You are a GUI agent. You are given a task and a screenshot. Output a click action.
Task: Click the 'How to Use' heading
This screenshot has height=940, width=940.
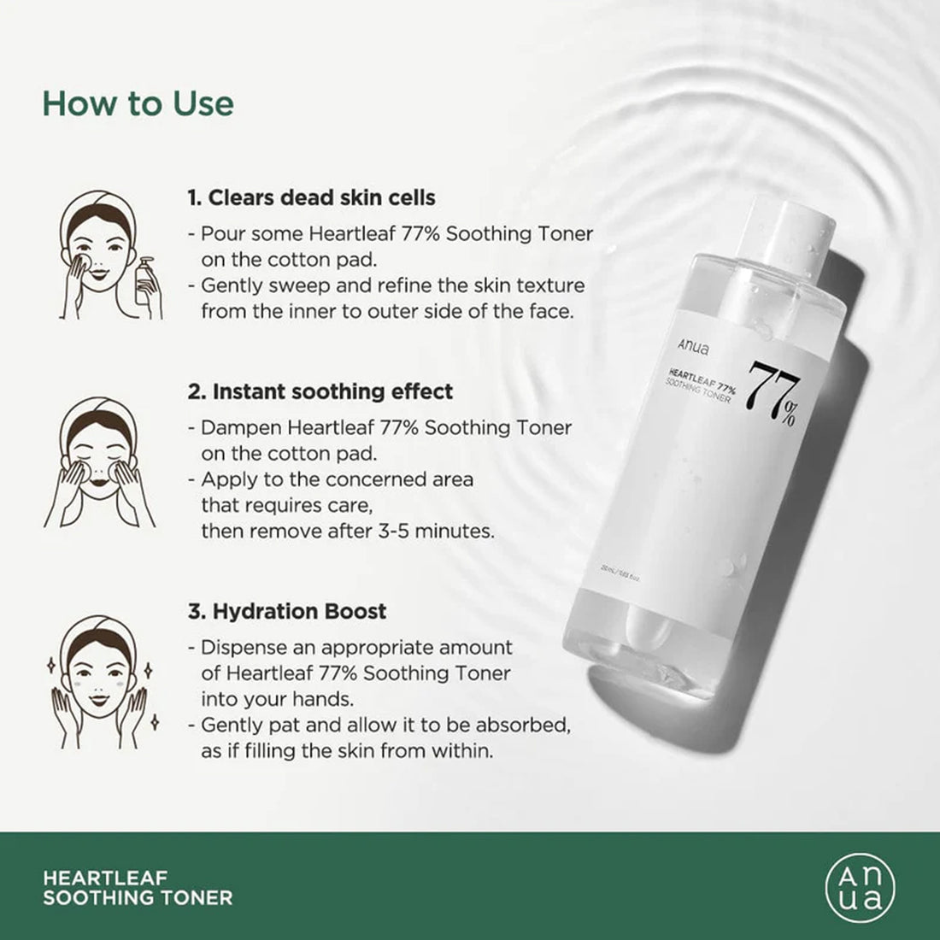138,103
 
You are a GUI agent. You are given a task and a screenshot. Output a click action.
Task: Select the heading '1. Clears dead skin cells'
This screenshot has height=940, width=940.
311,197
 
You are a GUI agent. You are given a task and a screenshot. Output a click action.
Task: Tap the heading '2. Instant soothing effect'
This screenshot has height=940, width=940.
320,391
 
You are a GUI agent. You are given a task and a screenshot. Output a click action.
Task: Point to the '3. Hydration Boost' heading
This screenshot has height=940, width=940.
286,611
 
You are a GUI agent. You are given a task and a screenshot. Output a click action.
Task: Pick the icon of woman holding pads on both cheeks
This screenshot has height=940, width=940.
99,461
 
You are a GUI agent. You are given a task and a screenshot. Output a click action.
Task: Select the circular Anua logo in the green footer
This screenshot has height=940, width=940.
860,887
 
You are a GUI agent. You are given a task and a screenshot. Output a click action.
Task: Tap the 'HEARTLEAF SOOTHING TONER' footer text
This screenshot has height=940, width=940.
138,888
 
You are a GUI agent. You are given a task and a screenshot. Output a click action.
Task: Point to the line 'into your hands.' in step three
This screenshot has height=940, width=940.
277,699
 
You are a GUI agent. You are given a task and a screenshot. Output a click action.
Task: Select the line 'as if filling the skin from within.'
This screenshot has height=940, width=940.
347,751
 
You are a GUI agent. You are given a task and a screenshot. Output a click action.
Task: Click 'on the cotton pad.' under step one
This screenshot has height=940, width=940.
288,260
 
